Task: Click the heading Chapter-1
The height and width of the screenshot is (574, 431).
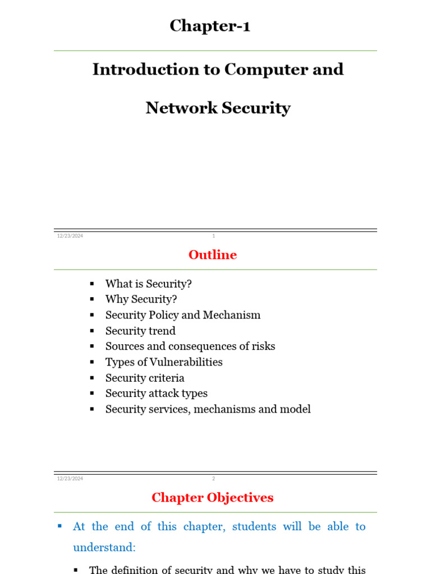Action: tap(210, 26)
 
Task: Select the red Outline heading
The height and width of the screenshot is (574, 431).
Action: tap(213, 255)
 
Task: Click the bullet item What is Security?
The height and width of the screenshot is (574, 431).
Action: tap(148, 284)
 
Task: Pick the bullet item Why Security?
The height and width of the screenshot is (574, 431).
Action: tap(141, 299)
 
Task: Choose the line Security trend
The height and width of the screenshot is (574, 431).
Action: tap(140, 331)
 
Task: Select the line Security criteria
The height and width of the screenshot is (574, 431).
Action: tap(145, 378)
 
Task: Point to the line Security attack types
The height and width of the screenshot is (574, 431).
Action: tap(157, 394)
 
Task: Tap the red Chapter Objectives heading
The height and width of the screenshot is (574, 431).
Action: tap(213, 498)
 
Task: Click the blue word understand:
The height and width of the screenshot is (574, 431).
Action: tap(104, 547)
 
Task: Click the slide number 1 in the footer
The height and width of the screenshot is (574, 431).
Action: tap(214, 236)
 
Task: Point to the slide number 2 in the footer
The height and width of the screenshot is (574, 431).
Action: tap(214, 479)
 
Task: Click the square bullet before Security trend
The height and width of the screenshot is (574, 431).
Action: tap(93, 331)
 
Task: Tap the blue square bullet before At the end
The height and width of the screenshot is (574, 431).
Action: tap(60, 526)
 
